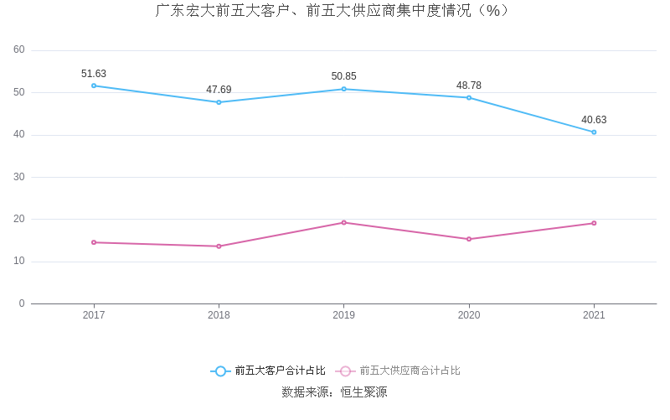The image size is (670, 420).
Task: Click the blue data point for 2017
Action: coord(94,86)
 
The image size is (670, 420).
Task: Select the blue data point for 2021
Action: coord(594,132)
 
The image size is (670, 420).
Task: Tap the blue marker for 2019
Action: coord(343,89)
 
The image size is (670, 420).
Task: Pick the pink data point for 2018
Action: coord(219,246)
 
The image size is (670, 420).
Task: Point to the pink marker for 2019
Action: coord(343,222)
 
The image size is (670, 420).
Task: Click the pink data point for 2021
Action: coord(594,223)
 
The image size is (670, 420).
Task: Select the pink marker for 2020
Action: coord(469,239)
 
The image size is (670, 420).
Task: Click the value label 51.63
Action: coord(94,74)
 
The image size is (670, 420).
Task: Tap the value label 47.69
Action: coord(219,90)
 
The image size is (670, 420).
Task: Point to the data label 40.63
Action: coord(594,120)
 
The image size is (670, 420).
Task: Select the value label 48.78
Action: coord(469,86)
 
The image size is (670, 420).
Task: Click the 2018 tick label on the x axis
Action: coord(219,315)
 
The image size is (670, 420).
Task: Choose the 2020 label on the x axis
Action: coord(469,315)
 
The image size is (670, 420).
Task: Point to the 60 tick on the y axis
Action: coord(19,49)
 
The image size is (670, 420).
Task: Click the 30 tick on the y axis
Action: coord(19,177)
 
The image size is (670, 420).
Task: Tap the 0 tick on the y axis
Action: coord(22,303)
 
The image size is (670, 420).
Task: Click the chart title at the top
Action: coord(334,11)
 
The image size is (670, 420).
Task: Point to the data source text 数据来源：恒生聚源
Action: coord(334,391)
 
